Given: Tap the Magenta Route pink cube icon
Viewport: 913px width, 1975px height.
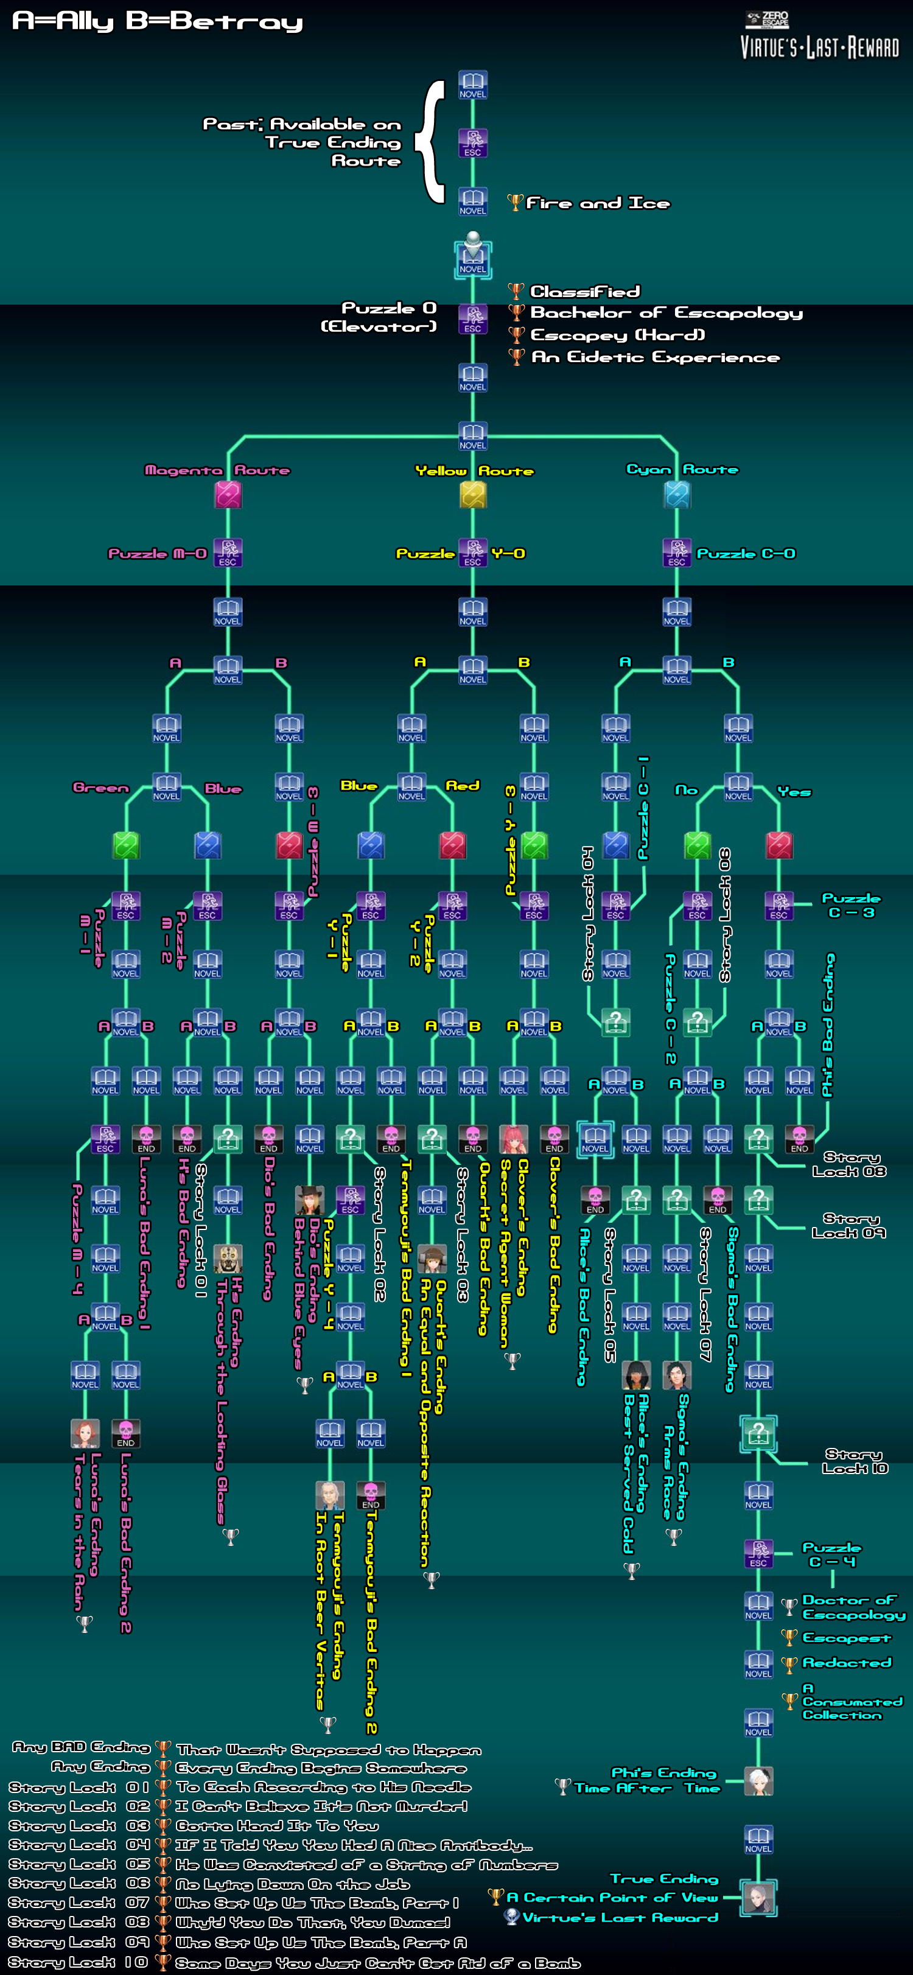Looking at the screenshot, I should tap(228, 495).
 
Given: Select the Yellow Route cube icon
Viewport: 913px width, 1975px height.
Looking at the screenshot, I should tap(473, 495).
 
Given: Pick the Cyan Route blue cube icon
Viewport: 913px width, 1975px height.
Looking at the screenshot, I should tap(677, 495).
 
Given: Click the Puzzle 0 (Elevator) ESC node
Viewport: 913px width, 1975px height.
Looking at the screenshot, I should tap(473, 319).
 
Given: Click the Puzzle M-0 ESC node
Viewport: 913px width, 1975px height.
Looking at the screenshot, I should tap(228, 552).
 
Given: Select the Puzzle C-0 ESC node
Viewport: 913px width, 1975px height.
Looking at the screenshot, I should tap(677, 552).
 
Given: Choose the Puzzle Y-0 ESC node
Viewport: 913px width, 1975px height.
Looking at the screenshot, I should tap(473, 552).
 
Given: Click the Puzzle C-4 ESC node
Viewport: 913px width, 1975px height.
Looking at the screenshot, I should tap(758, 1554).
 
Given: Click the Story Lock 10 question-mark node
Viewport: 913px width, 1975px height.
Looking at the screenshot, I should tap(758, 1433).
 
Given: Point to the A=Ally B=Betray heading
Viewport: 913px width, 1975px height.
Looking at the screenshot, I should tap(158, 21).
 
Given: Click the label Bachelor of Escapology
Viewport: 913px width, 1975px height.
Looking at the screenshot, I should tap(666, 313).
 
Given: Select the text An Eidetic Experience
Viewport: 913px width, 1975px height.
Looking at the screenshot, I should tap(656, 357).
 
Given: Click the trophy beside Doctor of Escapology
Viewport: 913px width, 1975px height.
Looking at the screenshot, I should tap(789, 1606).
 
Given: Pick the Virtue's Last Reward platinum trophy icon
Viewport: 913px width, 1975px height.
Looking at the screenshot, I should tap(512, 1917).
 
